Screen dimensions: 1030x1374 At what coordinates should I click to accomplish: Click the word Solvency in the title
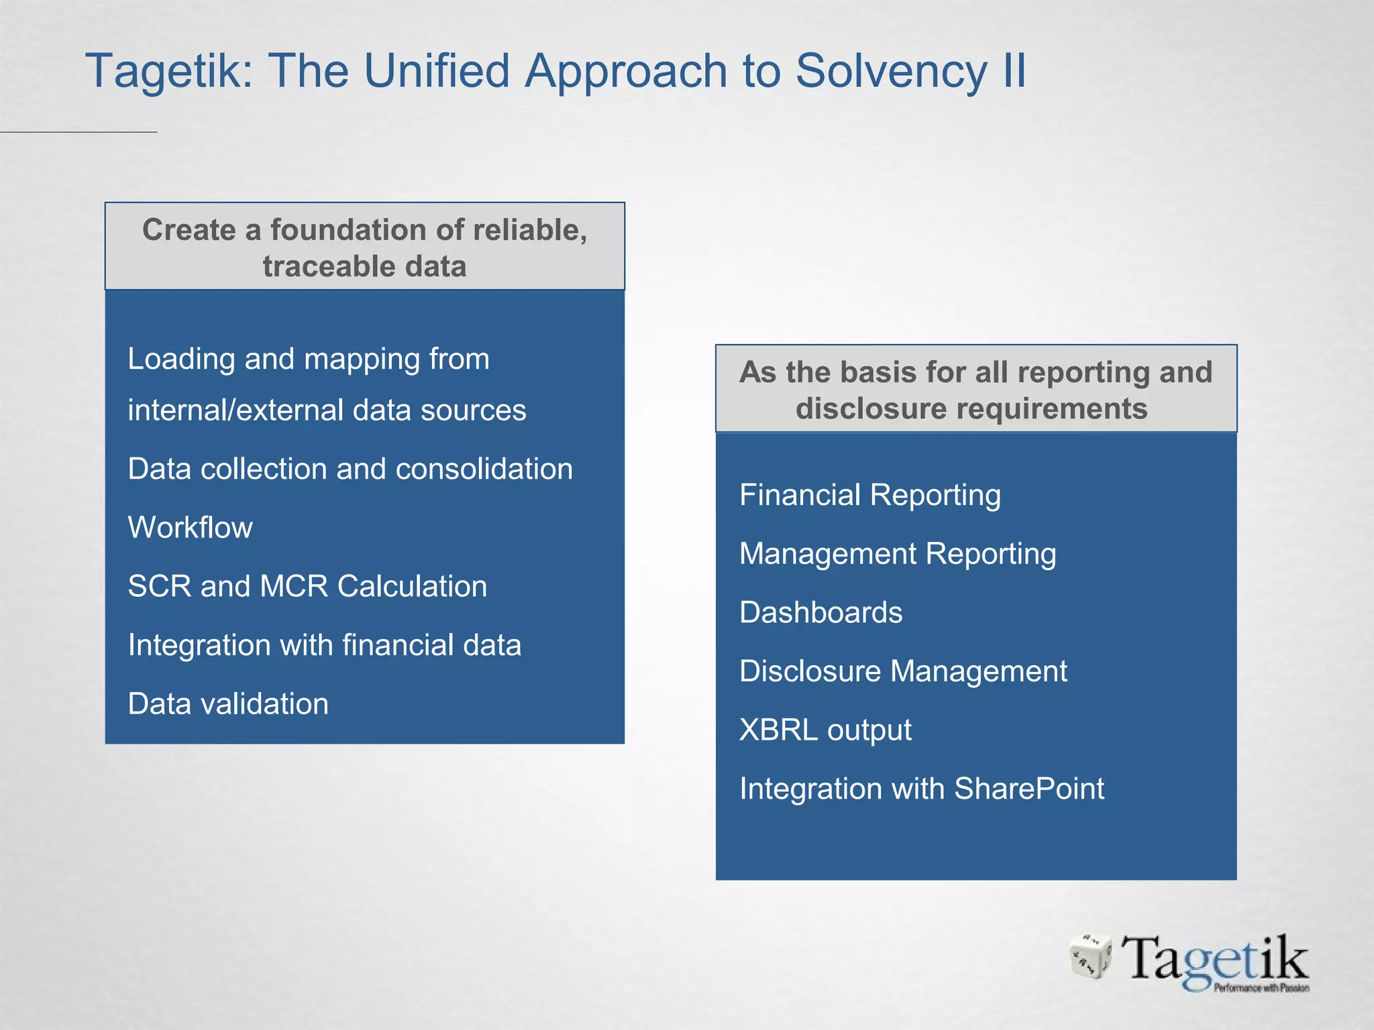pyautogui.click(x=891, y=71)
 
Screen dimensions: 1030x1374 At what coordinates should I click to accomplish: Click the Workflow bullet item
pyautogui.click(x=190, y=528)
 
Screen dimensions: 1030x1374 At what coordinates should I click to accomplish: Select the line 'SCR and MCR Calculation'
pyautogui.click(x=307, y=587)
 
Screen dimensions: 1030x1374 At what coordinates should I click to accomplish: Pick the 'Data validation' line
pyautogui.click(x=228, y=704)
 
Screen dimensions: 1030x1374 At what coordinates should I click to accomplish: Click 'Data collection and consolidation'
pyautogui.click(x=350, y=469)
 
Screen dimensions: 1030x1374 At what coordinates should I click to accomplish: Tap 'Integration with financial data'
pyautogui.click(x=324, y=646)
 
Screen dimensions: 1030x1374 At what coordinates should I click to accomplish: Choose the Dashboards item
pyautogui.click(x=821, y=613)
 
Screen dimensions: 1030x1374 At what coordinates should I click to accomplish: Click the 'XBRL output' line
pyautogui.click(x=825, y=730)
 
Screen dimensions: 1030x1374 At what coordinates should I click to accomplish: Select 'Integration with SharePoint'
pyautogui.click(x=921, y=789)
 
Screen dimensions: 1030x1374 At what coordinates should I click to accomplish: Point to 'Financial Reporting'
pyautogui.click(x=869, y=496)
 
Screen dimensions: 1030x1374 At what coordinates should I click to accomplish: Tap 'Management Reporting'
pyautogui.click(x=897, y=555)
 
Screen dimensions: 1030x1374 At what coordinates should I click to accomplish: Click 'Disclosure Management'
pyautogui.click(x=902, y=672)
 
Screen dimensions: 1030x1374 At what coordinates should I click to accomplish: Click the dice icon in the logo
pyautogui.click(x=1090, y=956)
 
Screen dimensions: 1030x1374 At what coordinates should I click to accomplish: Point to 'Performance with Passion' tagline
pyautogui.click(x=1261, y=988)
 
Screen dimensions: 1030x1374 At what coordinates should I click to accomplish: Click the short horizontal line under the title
pyautogui.click(x=78, y=132)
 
